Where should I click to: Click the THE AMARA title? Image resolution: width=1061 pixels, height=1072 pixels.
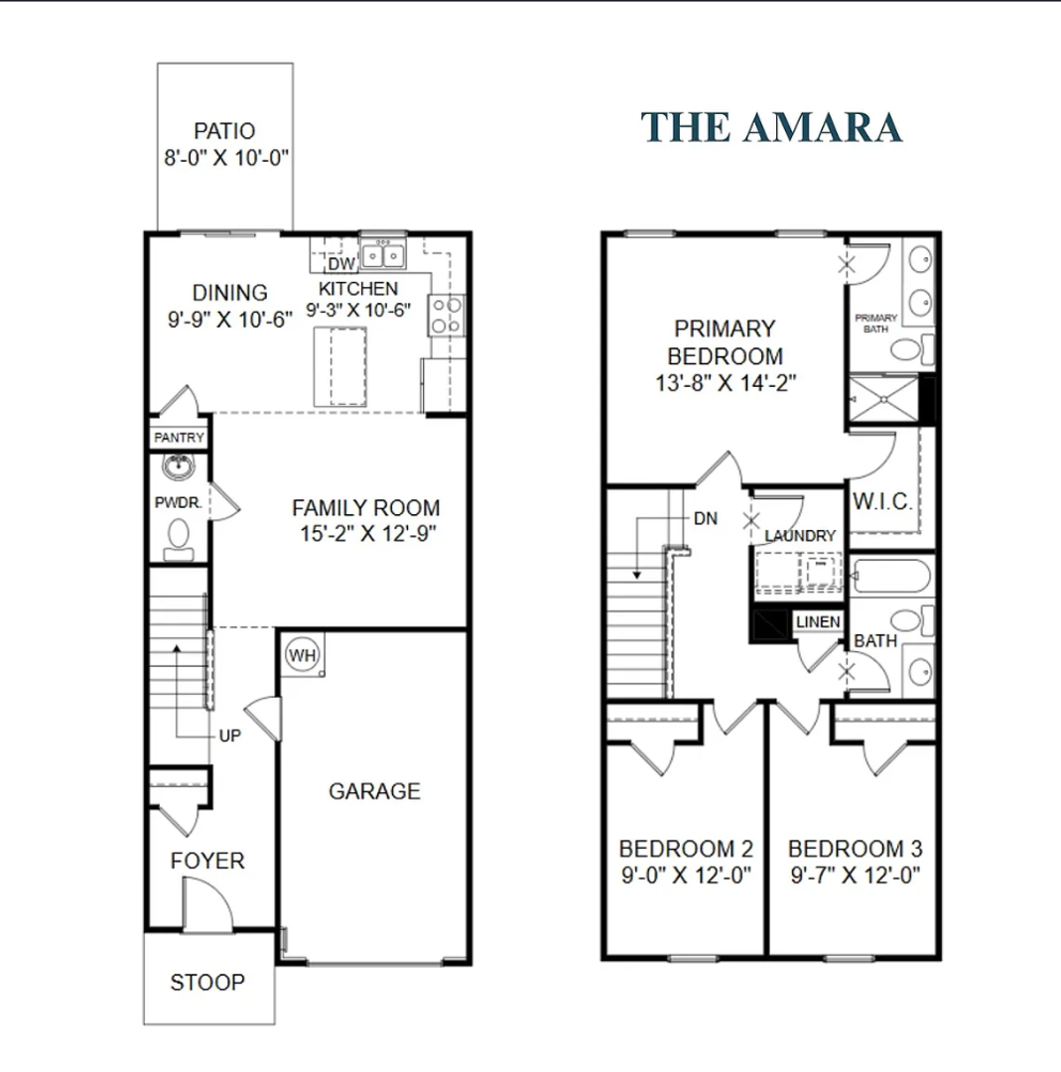(771, 128)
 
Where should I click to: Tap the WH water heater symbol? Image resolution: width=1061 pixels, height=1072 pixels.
(302, 655)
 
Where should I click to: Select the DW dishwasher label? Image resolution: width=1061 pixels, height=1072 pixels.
(341, 264)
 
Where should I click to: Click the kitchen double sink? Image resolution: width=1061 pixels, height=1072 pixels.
(383, 255)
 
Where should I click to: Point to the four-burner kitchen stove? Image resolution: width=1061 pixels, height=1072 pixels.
(447, 316)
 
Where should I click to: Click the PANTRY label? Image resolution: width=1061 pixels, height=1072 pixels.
(179, 438)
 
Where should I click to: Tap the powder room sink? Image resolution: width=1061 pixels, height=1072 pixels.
(179, 468)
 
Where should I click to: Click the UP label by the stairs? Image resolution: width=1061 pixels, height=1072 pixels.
(229, 736)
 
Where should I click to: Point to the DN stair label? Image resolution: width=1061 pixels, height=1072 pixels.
(706, 518)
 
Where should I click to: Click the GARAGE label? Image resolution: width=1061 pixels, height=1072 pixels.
(374, 791)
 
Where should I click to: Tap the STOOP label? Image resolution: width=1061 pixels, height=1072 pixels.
(207, 983)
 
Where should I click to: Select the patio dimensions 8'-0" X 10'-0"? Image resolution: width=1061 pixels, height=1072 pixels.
(226, 158)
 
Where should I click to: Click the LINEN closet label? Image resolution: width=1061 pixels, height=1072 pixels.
(818, 622)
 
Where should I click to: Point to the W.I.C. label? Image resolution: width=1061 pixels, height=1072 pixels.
(882, 502)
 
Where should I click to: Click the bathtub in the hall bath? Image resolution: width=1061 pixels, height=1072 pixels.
(891, 577)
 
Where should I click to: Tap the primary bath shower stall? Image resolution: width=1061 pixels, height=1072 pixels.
(884, 398)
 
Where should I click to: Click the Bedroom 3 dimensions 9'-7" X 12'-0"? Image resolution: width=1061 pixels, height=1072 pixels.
(856, 875)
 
